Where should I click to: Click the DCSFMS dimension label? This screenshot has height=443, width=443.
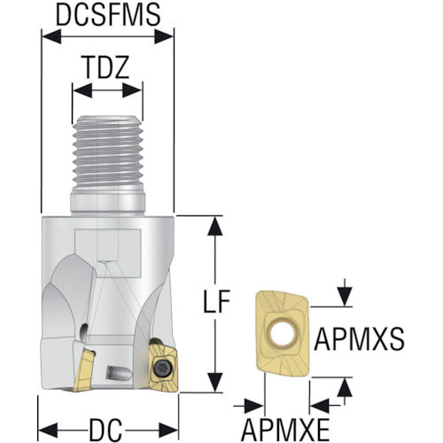point(108,14)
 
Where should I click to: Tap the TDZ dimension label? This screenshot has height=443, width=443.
point(106,67)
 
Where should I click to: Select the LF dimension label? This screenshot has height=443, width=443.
point(216,301)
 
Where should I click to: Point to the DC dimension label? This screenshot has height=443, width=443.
point(105,430)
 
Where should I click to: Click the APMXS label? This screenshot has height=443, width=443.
point(359,339)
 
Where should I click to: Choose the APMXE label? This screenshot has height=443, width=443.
point(285,430)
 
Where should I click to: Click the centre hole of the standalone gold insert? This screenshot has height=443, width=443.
point(283,333)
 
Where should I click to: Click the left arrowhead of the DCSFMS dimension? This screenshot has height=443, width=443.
point(51,37)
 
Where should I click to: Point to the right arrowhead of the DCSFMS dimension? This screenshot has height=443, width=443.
point(164,37)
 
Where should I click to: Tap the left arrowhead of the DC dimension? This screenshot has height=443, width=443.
point(48,430)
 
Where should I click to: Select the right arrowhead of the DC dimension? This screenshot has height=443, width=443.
point(169,430)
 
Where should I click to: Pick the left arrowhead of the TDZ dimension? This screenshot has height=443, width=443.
point(82,90)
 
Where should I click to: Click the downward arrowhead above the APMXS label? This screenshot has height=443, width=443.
point(345,297)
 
